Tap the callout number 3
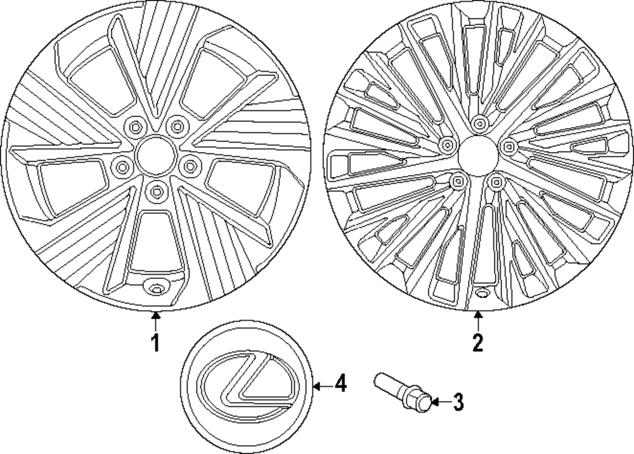pos(458,402)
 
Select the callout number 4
pos(340,384)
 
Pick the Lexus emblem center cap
pos(249,386)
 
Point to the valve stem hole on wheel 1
pos(153,287)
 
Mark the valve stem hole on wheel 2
pos(481,295)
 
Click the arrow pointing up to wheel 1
pos(155,320)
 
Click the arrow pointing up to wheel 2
pos(477,320)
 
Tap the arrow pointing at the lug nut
pos(442,402)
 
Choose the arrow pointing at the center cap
pos(323,384)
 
